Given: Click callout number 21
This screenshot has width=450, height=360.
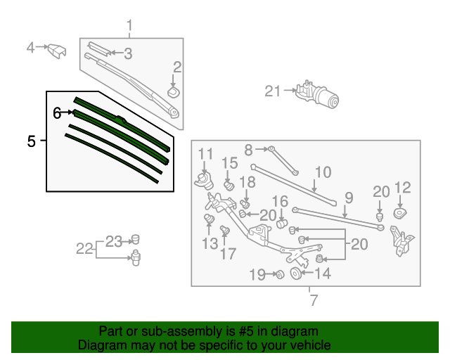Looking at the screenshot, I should click(x=272, y=91).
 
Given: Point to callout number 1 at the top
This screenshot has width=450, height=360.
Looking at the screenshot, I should click(x=129, y=27).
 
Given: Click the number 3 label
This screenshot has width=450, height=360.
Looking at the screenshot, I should click(x=127, y=53).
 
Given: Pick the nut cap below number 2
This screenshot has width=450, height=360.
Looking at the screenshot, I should click(x=174, y=91).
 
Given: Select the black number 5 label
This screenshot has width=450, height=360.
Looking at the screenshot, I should click(x=31, y=141).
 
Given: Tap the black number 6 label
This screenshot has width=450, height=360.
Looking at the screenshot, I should click(x=57, y=112).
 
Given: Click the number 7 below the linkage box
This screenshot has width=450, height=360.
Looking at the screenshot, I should click(x=314, y=301).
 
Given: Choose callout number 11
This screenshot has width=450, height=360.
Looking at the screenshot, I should click(x=205, y=154).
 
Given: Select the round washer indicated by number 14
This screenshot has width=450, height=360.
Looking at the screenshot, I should click(x=295, y=273).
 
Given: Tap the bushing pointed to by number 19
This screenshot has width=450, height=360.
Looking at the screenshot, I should click(x=278, y=274).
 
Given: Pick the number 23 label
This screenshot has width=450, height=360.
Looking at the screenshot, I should click(x=114, y=241).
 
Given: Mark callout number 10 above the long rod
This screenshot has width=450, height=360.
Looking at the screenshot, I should click(x=322, y=172).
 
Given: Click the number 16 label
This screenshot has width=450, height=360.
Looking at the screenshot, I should click(x=280, y=202).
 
